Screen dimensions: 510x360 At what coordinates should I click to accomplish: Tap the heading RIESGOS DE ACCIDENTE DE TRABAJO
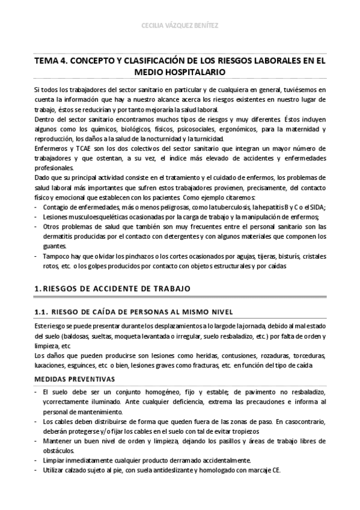pyautogui.click(x=118, y=289)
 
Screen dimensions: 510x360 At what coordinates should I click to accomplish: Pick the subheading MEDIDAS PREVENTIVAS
pyautogui.click(x=72, y=379)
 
